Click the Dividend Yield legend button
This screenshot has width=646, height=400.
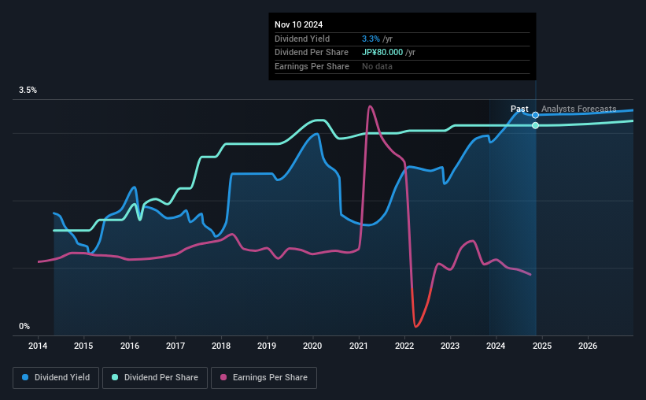[56, 378]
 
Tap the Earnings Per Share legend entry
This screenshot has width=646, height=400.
[264, 378]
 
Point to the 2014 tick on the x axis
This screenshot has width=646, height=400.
[39, 346]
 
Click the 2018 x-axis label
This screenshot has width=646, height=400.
[221, 346]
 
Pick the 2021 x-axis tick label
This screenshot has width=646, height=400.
[359, 346]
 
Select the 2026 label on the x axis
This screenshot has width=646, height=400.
[587, 346]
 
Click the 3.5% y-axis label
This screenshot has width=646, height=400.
[28, 91]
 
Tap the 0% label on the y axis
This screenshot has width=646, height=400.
[24, 326]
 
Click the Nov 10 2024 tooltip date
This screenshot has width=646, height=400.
[299, 25]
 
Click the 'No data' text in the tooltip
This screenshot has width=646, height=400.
[377, 66]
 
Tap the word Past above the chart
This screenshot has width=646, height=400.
[519, 109]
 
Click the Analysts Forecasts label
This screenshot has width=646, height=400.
[578, 109]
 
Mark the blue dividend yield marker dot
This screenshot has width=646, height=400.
[536, 115]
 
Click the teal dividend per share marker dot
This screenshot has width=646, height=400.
[536, 125]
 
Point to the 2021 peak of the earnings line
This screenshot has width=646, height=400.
[370, 106]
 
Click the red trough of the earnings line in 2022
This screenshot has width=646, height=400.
[415, 325]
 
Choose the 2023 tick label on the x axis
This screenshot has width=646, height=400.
[450, 346]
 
